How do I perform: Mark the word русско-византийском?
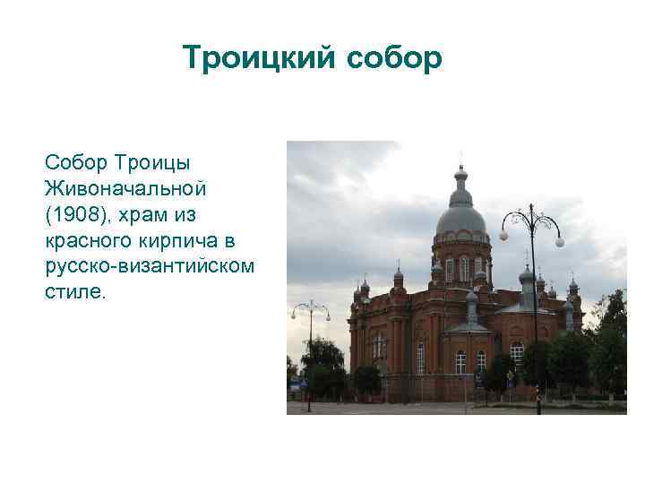[149, 266]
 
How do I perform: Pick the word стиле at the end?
[74, 292]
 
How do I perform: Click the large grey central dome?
[460, 218]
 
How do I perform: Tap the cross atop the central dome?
[460, 159]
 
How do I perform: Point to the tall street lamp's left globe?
[503, 236]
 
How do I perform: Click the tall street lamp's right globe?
[560, 242]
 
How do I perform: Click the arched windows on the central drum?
[462, 268]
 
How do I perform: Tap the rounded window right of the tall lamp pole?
[517, 352]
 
